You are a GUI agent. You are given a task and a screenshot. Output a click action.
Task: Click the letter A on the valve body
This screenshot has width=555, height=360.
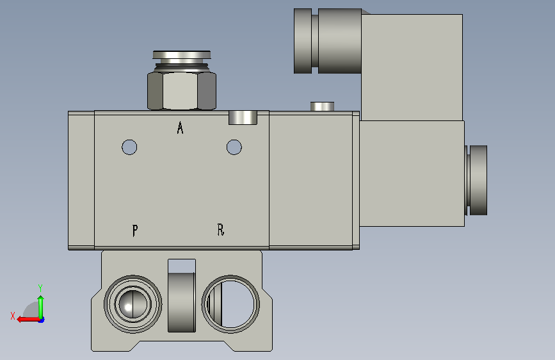[x=180, y=127]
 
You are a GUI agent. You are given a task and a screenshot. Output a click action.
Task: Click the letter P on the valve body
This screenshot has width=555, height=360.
[x=135, y=231]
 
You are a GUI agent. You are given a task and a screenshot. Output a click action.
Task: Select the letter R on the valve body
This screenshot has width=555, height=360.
[x=220, y=229]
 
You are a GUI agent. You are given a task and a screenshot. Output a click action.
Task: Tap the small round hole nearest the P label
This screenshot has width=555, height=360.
[x=129, y=147]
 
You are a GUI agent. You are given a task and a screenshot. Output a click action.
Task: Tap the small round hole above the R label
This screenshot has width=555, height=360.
[x=234, y=147]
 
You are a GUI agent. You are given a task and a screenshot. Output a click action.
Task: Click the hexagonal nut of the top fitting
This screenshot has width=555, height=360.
[x=182, y=91]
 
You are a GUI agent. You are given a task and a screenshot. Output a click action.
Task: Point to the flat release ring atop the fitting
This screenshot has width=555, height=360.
[x=182, y=54]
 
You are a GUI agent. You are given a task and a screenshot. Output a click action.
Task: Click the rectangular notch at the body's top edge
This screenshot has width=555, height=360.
[x=243, y=118]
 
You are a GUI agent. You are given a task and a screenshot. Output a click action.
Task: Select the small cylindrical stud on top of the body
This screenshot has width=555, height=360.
[x=322, y=106]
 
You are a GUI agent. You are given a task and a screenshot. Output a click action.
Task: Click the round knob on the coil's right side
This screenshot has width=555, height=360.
[x=478, y=181]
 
